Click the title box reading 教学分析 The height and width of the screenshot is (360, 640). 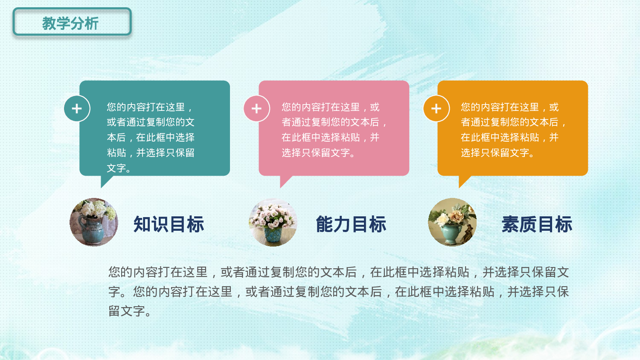click(72, 22)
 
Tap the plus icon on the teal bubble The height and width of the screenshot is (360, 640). click(77, 109)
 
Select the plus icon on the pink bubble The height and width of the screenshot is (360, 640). click(256, 109)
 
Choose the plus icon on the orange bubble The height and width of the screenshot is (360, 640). click(436, 109)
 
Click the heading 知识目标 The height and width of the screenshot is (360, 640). click(169, 224)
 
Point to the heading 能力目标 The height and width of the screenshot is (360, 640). click(351, 224)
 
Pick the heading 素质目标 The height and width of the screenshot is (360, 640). click(537, 224)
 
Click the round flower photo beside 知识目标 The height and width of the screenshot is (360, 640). click(94, 222)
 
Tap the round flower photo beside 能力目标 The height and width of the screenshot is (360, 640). click(273, 222)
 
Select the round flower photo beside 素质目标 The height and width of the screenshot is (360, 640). click(452, 222)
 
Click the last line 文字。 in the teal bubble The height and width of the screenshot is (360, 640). click(119, 168)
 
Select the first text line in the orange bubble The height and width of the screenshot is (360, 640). click(509, 107)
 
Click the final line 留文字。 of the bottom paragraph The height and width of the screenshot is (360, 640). click(130, 311)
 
